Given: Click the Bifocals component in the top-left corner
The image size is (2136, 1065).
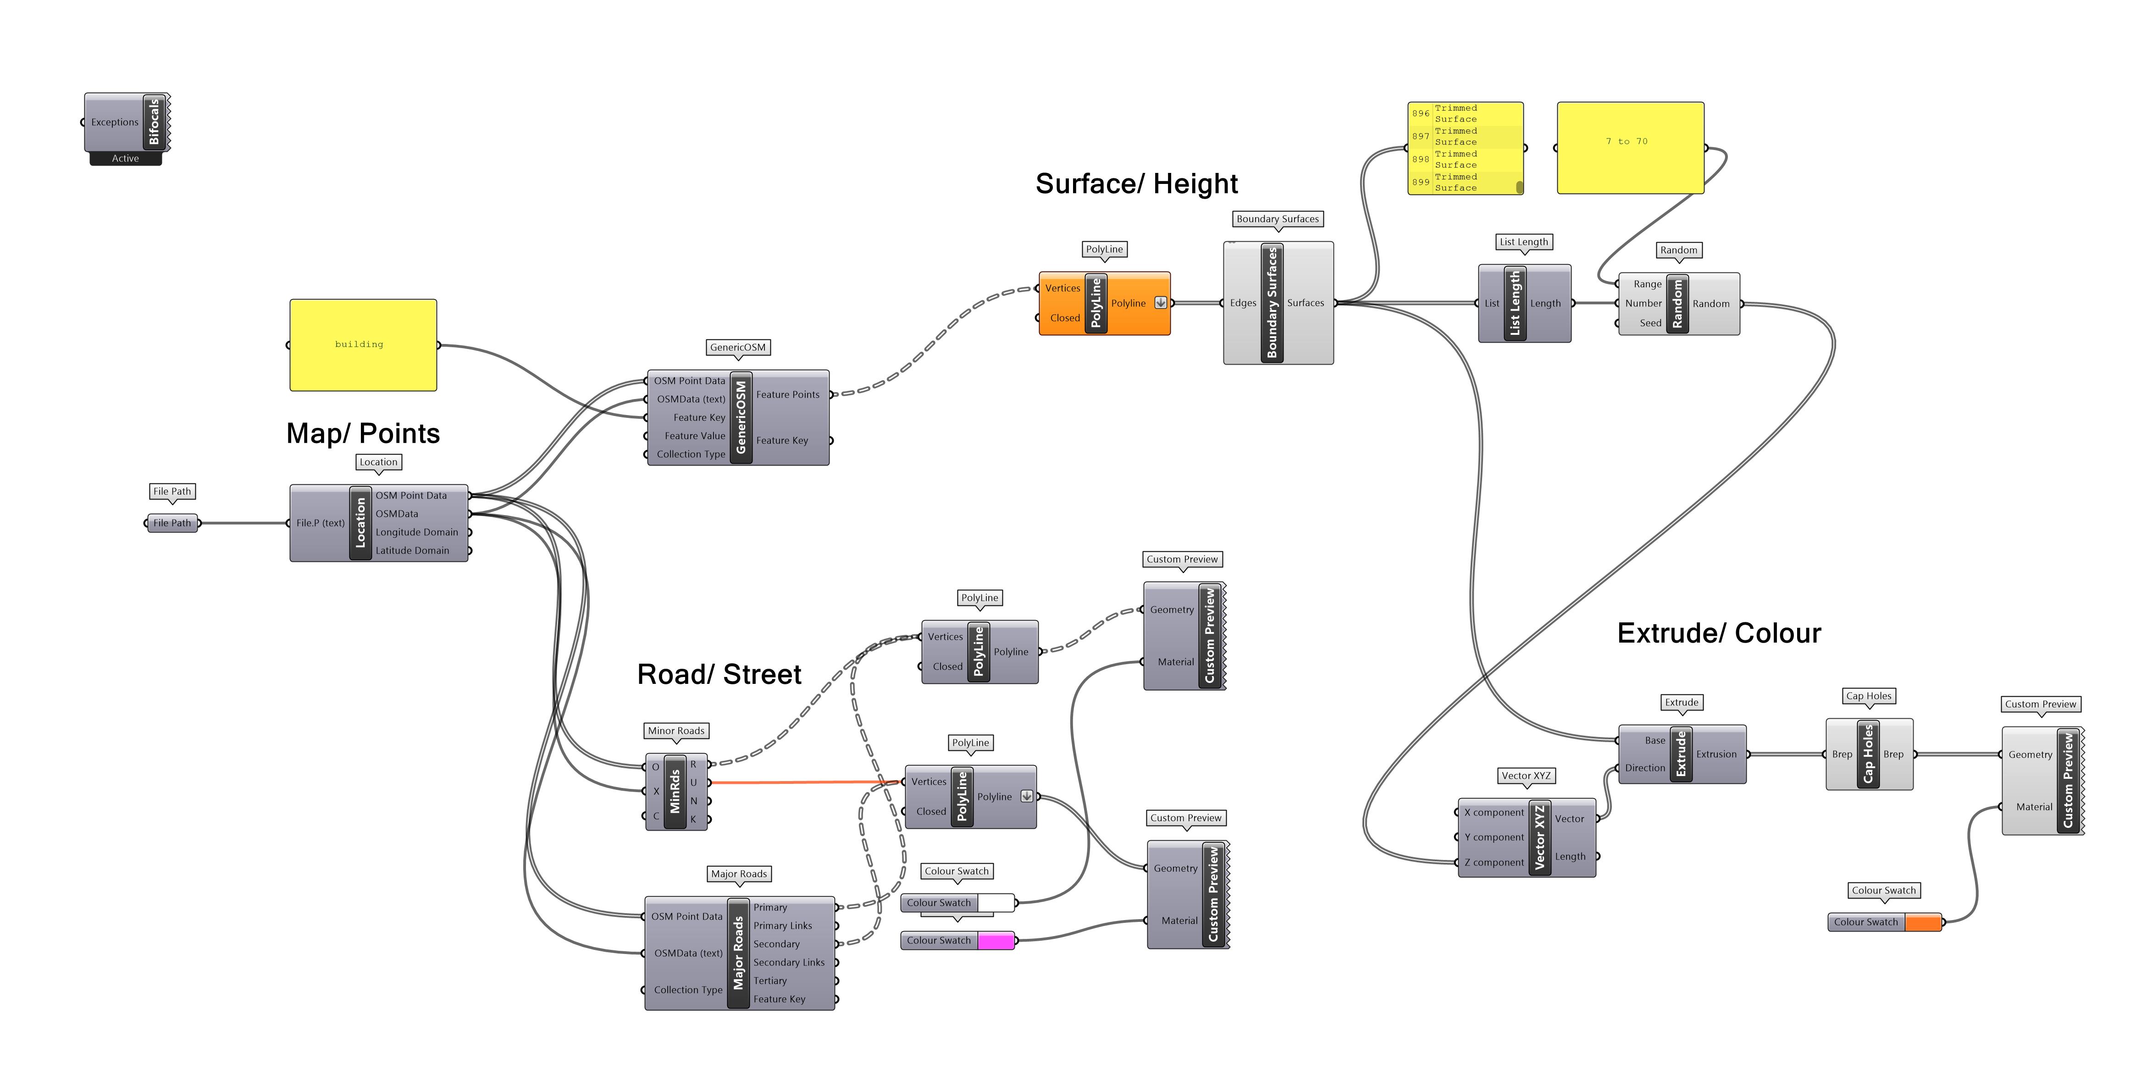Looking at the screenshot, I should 154,122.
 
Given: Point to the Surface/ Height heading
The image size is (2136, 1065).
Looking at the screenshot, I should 1136,183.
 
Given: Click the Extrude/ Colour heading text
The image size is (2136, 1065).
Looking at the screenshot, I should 1718,633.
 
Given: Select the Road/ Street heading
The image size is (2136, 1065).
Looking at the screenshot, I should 719,674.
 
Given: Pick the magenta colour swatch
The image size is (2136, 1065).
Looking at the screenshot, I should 995,941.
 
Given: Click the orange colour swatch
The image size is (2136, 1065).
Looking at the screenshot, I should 1922,922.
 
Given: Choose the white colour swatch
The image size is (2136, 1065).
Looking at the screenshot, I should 995,903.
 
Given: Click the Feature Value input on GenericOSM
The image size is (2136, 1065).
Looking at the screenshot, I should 694,435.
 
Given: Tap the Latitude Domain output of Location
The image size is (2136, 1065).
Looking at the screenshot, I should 412,551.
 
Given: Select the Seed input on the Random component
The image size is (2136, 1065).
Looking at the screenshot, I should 1649,323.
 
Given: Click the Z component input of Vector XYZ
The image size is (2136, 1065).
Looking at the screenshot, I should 1494,863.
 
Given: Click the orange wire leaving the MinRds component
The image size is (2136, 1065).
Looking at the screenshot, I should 804,782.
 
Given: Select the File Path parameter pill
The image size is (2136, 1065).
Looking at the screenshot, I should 172,523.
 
